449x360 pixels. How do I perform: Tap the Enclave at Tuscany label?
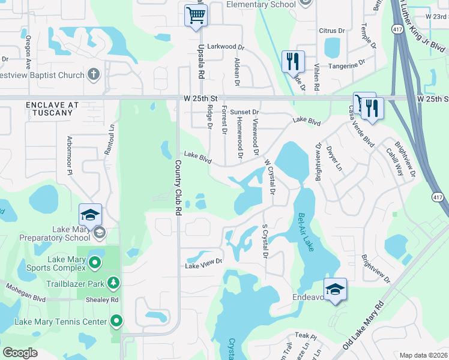pyautogui.click(x=52, y=109)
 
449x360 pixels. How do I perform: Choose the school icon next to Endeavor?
pyautogui.click(x=336, y=289)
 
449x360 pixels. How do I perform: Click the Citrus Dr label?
pyautogui.click(x=332, y=30)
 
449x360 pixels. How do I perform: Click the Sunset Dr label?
pyautogui.click(x=245, y=112)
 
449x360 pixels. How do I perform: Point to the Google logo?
pyautogui.click(x=20, y=353)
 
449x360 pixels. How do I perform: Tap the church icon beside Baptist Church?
pyautogui.click(x=93, y=74)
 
